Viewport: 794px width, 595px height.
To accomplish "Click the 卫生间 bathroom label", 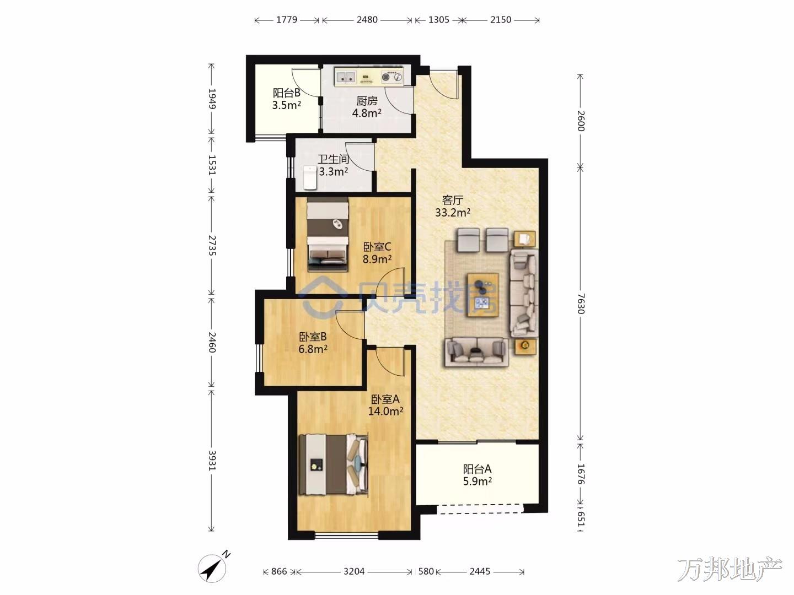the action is (x=333, y=159).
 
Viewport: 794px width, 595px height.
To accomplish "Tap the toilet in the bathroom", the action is (x=309, y=178).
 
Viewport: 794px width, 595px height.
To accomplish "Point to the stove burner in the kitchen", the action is (x=391, y=77).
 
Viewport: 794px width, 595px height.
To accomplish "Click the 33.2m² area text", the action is (x=453, y=213).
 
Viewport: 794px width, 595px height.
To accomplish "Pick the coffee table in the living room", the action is (x=483, y=295).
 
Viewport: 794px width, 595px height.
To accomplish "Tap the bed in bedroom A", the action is (x=333, y=464).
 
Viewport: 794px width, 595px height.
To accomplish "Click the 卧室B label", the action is (x=313, y=337).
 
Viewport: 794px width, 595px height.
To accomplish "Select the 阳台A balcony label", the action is (x=477, y=469).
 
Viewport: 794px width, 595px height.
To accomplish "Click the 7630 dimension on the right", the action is (x=580, y=304).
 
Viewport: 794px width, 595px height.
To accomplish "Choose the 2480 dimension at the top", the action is (x=367, y=20).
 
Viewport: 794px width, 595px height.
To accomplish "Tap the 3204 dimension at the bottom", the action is (x=354, y=571).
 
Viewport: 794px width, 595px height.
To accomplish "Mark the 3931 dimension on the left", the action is (x=212, y=460).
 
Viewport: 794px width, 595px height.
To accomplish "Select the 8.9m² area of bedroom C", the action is (x=377, y=259).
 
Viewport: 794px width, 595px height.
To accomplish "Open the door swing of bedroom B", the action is (x=350, y=325).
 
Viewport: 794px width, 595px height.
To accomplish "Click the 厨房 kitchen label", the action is (x=367, y=101).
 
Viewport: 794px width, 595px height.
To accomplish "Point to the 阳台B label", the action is (x=287, y=93).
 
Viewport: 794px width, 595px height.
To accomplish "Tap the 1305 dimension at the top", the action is (x=439, y=20).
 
